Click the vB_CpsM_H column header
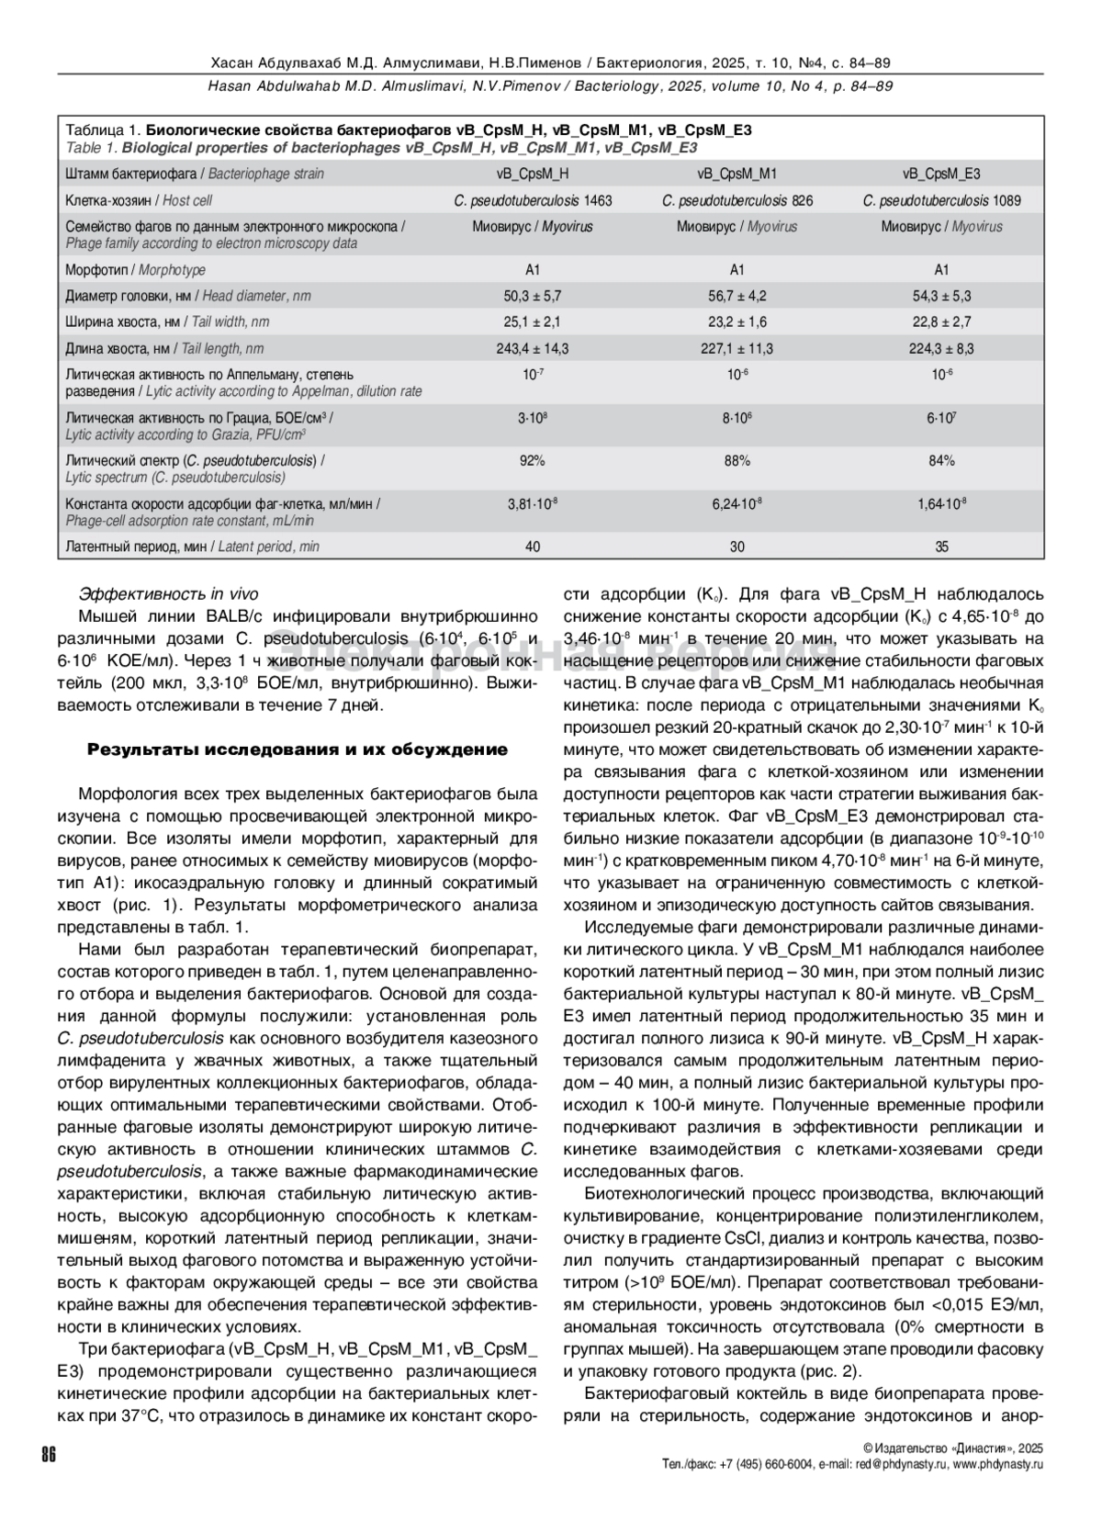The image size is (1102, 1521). pyautogui.click(x=532, y=174)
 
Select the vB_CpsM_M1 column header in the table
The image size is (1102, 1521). pyautogui.click(x=737, y=174)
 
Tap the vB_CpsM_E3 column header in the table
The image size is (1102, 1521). pyautogui.click(x=941, y=174)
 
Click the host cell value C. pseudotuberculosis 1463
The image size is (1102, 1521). pyautogui.click(x=532, y=200)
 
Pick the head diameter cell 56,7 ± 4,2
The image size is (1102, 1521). pyautogui.click(x=737, y=296)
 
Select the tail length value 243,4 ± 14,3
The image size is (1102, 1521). pyautogui.click(x=532, y=349)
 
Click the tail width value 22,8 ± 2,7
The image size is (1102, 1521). pyautogui.click(x=941, y=322)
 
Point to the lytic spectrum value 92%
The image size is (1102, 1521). pyautogui.click(x=532, y=461)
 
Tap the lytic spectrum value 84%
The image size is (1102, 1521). pyautogui.click(x=941, y=461)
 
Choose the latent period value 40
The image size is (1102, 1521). pyautogui.click(x=532, y=546)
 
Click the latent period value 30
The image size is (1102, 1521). pyautogui.click(x=737, y=546)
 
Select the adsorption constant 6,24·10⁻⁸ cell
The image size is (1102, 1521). pyautogui.click(x=737, y=504)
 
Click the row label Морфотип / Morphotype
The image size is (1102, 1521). pyautogui.click(x=135, y=270)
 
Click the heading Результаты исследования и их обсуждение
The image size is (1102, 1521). pyautogui.click(x=298, y=749)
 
